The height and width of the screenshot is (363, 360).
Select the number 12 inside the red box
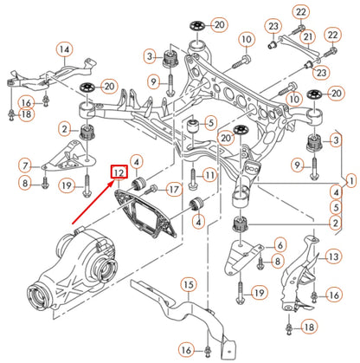118,173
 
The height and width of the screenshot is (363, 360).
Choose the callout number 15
189,284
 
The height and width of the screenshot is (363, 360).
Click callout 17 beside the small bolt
173,189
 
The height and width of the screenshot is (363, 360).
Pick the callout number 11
208,177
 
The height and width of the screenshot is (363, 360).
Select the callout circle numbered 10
247,40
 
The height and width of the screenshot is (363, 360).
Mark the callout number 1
350,182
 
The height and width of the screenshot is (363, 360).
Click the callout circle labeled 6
280,246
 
